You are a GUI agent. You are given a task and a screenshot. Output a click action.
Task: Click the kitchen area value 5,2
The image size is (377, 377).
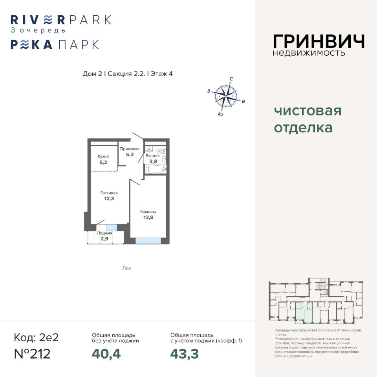(x=103, y=162)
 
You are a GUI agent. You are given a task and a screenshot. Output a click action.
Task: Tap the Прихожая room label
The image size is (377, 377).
(x=130, y=149)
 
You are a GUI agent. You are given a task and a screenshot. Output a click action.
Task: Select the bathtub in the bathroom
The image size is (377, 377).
(x=156, y=169)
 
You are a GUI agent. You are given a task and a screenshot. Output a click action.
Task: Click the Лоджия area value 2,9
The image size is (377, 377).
(x=105, y=239)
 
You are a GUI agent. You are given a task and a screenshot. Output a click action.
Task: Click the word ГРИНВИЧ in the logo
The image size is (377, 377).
(x=318, y=41)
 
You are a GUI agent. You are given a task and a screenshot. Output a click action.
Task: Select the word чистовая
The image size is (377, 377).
(x=307, y=111)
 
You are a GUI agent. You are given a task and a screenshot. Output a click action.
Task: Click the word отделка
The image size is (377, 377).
(x=303, y=128)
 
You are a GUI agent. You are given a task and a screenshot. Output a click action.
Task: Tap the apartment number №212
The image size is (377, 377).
(x=32, y=353)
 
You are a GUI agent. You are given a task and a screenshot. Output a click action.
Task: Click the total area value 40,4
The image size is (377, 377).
(x=106, y=354)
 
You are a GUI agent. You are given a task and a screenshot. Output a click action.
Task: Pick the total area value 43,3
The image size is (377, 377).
(x=185, y=354)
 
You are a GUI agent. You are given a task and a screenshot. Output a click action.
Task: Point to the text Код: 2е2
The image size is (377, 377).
(x=36, y=337)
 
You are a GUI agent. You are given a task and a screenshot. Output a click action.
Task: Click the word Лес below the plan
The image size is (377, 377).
(x=126, y=268)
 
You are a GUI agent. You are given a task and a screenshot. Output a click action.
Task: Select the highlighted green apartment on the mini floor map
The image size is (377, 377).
(x=303, y=311)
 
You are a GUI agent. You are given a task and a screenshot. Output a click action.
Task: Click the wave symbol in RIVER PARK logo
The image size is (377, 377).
(x=48, y=19)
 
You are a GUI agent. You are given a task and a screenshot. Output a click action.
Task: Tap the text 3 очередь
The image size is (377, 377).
(x=38, y=30)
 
